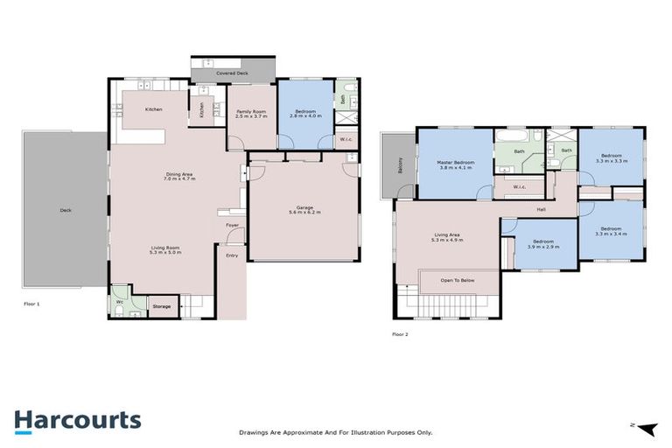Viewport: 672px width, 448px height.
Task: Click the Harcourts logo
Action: tap(77, 420)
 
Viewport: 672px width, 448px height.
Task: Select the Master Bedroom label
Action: tap(456, 163)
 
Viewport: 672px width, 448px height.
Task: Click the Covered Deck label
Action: tap(232, 73)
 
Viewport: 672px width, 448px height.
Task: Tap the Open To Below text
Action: tap(458, 281)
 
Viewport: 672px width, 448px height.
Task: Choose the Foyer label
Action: tap(232, 226)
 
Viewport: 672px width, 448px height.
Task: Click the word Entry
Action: tap(232, 255)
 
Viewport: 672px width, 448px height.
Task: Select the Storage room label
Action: tap(162, 307)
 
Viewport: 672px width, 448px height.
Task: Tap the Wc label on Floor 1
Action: tap(120, 302)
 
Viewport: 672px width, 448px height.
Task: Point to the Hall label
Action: tap(542, 209)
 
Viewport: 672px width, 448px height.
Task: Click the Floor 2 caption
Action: tap(400, 334)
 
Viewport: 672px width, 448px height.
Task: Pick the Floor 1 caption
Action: tap(31, 303)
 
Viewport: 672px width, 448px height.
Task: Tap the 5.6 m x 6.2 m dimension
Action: tap(304, 213)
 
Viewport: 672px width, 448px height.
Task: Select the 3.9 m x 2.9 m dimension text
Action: tap(542, 246)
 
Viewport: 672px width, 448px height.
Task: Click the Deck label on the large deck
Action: tap(65, 210)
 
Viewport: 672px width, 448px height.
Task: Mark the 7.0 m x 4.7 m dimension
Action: tap(180, 179)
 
